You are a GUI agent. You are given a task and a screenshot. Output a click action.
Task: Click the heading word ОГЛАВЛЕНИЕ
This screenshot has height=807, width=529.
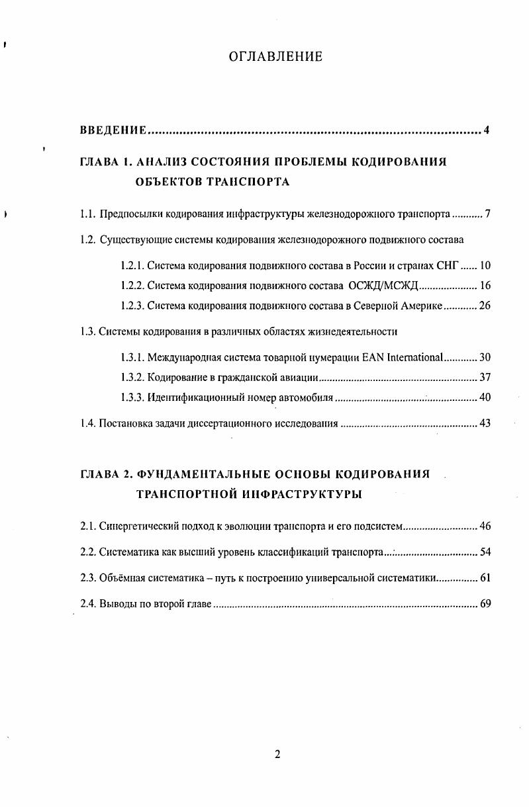click(x=275, y=57)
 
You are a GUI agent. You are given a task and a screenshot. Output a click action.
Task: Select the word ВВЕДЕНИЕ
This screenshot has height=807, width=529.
click(x=113, y=130)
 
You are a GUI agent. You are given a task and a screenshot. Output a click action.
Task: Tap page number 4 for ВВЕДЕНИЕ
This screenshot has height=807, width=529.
click(x=487, y=130)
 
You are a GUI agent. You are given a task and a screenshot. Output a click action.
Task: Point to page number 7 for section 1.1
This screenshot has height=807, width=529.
click(x=487, y=214)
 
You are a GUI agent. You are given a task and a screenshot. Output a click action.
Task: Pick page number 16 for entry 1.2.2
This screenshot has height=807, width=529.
click(x=485, y=286)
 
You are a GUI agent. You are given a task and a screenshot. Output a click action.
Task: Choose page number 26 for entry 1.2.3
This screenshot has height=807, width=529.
click(x=485, y=306)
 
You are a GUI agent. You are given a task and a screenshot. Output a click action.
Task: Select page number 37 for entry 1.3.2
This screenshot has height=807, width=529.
click(x=485, y=378)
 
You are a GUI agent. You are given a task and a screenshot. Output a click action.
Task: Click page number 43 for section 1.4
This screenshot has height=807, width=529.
click(x=485, y=423)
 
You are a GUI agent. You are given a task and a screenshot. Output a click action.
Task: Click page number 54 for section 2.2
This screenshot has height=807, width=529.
click(x=485, y=552)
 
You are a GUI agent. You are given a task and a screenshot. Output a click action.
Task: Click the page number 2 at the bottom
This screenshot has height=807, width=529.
click(x=278, y=755)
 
